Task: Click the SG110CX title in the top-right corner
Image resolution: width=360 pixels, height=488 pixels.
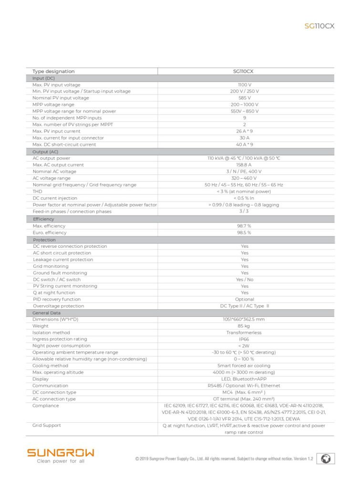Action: click(x=319, y=26)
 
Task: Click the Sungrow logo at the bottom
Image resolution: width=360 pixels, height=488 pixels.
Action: click(x=61, y=452)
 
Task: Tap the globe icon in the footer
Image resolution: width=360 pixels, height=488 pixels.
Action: click(x=326, y=458)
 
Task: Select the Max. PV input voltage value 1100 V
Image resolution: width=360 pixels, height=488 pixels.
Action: click(x=244, y=85)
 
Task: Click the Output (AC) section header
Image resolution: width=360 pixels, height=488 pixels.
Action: click(x=45, y=152)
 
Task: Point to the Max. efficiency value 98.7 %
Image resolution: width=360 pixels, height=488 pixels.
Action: click(x=244, y=226)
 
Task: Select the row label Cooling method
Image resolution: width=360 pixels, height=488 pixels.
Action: click(x=50, y=366)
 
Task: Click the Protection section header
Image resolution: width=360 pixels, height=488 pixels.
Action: click(x=44, y=240)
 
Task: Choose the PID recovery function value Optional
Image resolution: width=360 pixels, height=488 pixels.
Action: click(x=245, y=299)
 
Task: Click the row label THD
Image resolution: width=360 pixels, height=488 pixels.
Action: click(x=37, y=192)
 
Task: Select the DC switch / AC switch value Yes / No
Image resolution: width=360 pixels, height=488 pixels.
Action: click(x=245, y=280)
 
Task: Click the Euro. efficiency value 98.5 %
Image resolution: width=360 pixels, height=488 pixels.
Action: click(x=244, y=233)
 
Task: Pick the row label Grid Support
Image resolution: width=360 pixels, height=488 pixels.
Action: click(x=46, y=426)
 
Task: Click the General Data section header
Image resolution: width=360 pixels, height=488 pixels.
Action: click(x=47, y=313)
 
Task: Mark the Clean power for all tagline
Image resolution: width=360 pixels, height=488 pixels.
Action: click(x=61, y=461)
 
